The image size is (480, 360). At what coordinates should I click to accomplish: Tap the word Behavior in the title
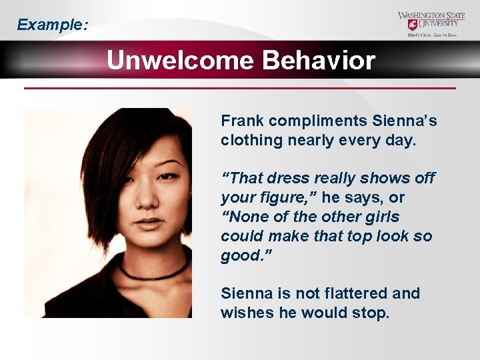coord(319,61)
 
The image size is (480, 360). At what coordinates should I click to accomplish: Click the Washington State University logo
coord(433,24)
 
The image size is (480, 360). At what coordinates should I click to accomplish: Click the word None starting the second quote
coord(247,217)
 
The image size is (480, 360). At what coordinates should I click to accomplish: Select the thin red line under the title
coord(240,88)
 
